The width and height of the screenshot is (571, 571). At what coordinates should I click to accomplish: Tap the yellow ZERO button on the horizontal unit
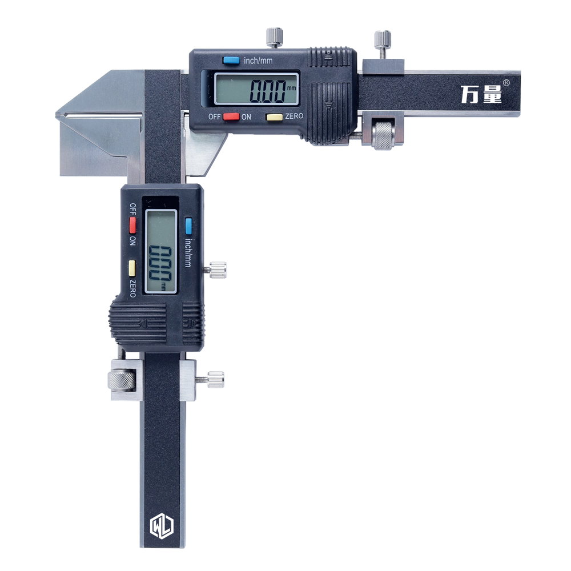pos(275,117)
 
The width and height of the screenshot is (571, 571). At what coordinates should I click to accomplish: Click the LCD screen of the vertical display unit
pos(161,252)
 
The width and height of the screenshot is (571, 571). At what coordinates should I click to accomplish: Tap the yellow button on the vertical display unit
pos(132,268)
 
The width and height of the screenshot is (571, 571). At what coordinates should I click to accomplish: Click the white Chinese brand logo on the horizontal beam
pos(481,94)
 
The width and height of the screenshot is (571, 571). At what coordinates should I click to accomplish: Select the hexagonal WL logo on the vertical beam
pos(162,525)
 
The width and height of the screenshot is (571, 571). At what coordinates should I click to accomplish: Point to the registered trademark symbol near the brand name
pos(506,83)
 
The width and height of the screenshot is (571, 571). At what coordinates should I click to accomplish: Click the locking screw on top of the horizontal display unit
pos(274,37)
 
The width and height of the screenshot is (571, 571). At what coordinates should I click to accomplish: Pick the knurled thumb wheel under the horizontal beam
pos(383,136)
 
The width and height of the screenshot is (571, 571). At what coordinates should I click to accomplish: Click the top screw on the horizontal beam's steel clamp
pos(383,44)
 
